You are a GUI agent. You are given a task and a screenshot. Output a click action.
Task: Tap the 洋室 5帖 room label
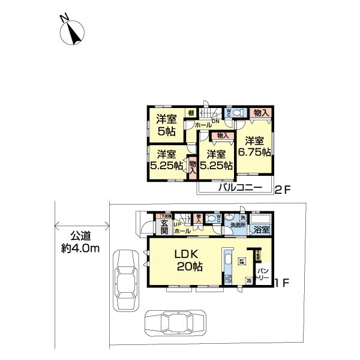[166, 125]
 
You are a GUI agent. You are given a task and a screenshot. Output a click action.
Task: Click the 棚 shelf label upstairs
[191, 113]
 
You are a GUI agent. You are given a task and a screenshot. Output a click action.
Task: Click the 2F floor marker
[282, 191]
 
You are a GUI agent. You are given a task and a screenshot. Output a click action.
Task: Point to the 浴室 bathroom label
[261, 229]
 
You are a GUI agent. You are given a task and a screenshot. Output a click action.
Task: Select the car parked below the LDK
[174, 323]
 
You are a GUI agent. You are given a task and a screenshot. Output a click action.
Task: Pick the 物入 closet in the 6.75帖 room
[260, 113]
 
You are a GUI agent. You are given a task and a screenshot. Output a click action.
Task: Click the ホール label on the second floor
[202, 125]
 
